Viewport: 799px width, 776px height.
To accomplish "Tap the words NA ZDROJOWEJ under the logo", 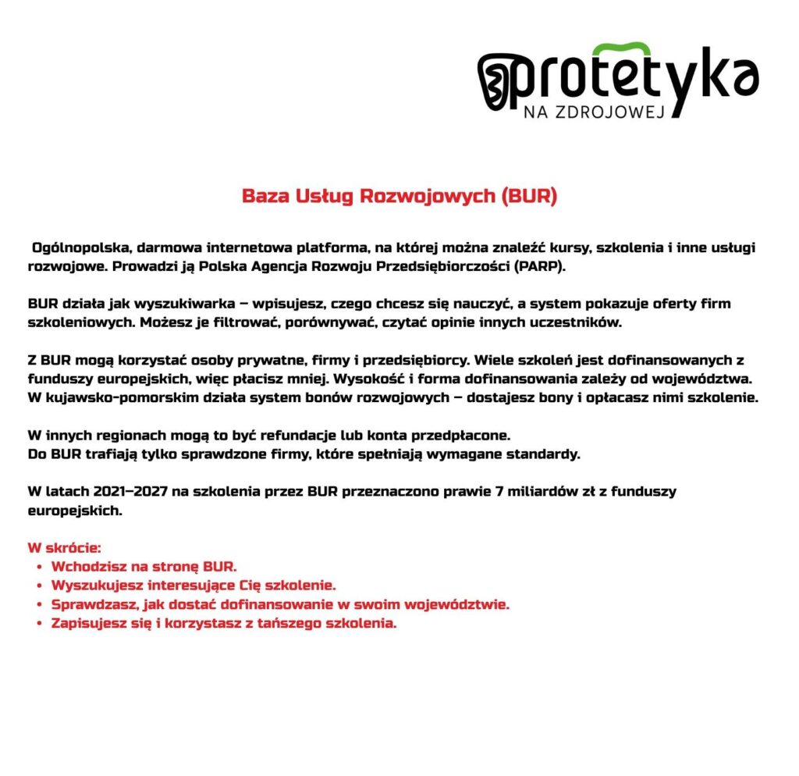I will click(x=593, y=112).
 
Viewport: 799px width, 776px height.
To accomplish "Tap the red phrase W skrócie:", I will click(x=65, y=547).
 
